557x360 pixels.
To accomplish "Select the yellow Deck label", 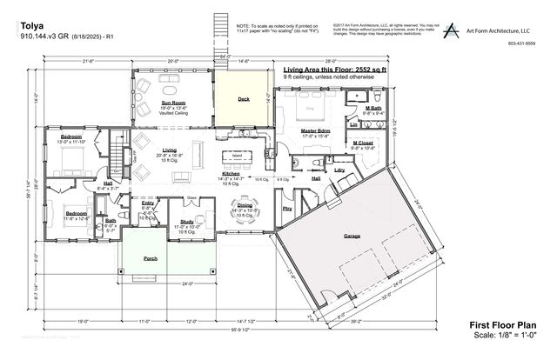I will (245, 100).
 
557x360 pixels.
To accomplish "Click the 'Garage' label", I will (352, 237).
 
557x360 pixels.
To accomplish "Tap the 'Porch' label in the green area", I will (151, 259).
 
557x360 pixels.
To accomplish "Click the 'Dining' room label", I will (245, 205).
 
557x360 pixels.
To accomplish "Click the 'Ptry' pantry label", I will (287, 209).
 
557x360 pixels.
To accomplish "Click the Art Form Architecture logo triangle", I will (451, 30).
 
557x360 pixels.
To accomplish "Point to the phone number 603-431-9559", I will (521, 43).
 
